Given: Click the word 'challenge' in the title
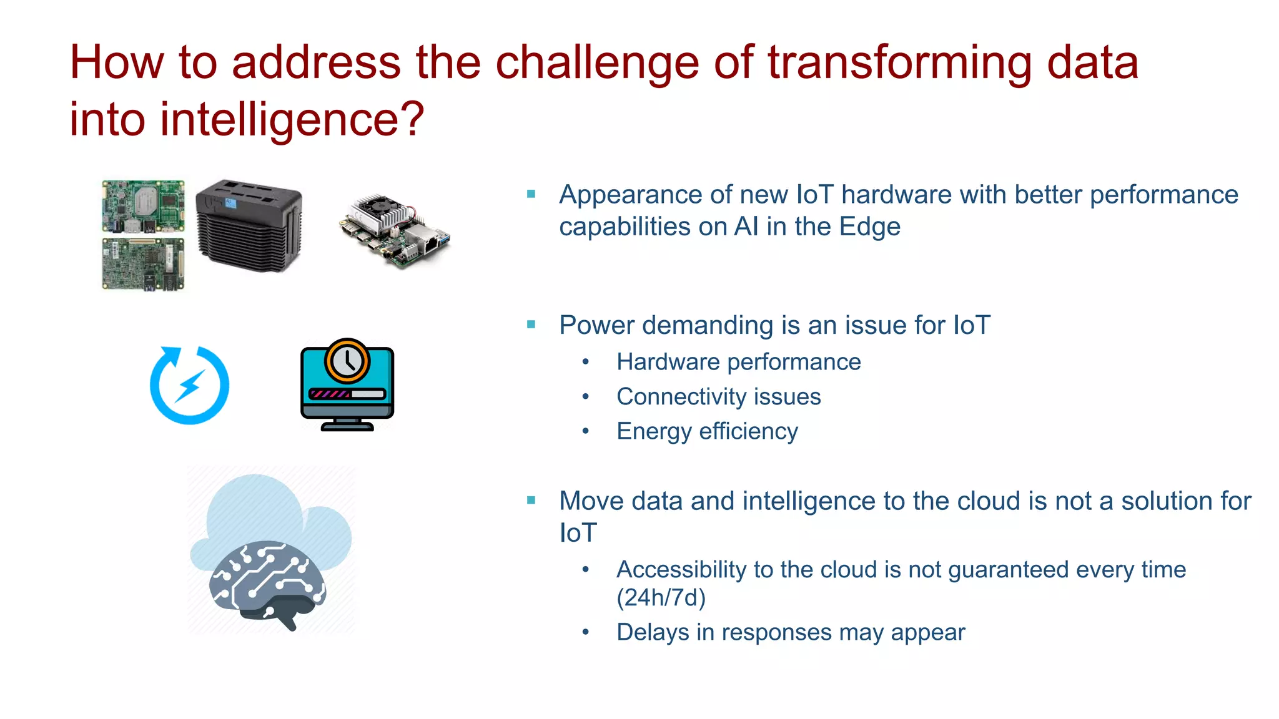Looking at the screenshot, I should click(596, 64).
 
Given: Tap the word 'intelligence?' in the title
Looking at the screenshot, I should click(292, 120).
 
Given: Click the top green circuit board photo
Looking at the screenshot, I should click(143, 207).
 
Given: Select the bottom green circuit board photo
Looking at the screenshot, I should click(143, 265).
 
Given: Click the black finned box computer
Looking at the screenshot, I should click(249, 227).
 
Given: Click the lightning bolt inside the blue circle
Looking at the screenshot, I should click(190, 386).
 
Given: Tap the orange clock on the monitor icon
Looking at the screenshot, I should click(347, 361).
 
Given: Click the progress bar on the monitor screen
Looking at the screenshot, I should click(347, 394).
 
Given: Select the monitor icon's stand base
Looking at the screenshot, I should click(347, 427).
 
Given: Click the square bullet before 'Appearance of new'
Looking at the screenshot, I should click(531, 195).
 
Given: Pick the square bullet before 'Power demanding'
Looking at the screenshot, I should click(531, 325).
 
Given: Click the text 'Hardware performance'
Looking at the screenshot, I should click(738, 363).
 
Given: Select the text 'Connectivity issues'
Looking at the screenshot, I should click(718, 397).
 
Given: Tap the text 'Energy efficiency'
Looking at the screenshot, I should click(707, 432).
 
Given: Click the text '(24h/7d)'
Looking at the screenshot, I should click(661, 598).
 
